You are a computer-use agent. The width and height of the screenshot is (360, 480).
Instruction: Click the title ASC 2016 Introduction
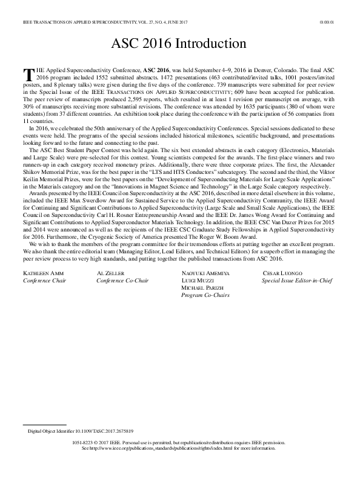tap(178, 44)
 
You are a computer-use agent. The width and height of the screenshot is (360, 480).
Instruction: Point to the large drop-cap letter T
tap(28, 75)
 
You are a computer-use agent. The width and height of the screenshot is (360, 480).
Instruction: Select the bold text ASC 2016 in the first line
tap(157, 71)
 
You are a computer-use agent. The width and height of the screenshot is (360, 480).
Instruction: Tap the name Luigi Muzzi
tap(199, 281)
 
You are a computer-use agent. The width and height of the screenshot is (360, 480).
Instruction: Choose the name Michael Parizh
tap(204, 287)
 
